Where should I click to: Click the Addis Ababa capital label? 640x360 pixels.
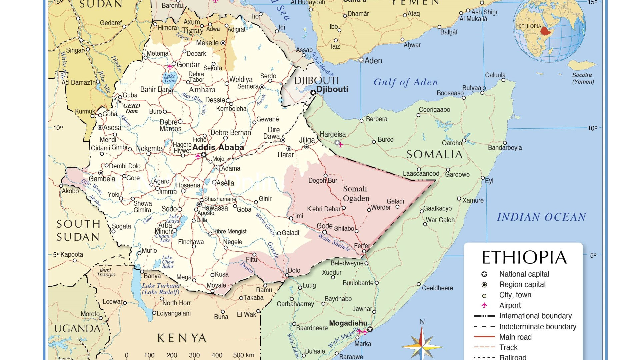pos(218,147)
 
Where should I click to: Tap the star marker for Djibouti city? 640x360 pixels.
pos(313,93)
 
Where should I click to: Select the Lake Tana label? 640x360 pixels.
pos(170,78)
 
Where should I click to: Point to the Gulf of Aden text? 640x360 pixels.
pos(406,82)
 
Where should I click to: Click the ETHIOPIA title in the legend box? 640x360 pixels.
pos(524,257)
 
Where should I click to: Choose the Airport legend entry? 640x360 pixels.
pos(510,305)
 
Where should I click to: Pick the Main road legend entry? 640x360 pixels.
pos(515,337)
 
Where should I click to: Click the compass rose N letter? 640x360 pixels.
pos(422,322)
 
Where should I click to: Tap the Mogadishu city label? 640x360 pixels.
pos(348,323)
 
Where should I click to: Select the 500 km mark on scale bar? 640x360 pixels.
pos(243,355)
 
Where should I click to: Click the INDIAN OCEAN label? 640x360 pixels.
pos(541,217)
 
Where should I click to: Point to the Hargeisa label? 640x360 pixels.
pos(333,134)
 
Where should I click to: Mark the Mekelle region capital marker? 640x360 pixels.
pos(223,43)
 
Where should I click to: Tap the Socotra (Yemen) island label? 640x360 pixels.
pos(583,78)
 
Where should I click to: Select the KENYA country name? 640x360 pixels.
pos(182,338)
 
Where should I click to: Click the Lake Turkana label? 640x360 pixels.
pos(161,289)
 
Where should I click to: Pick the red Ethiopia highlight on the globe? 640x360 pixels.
pos(546,31)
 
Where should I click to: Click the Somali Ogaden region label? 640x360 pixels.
pos(356,194)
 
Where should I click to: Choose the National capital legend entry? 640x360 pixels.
pos(524,274)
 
